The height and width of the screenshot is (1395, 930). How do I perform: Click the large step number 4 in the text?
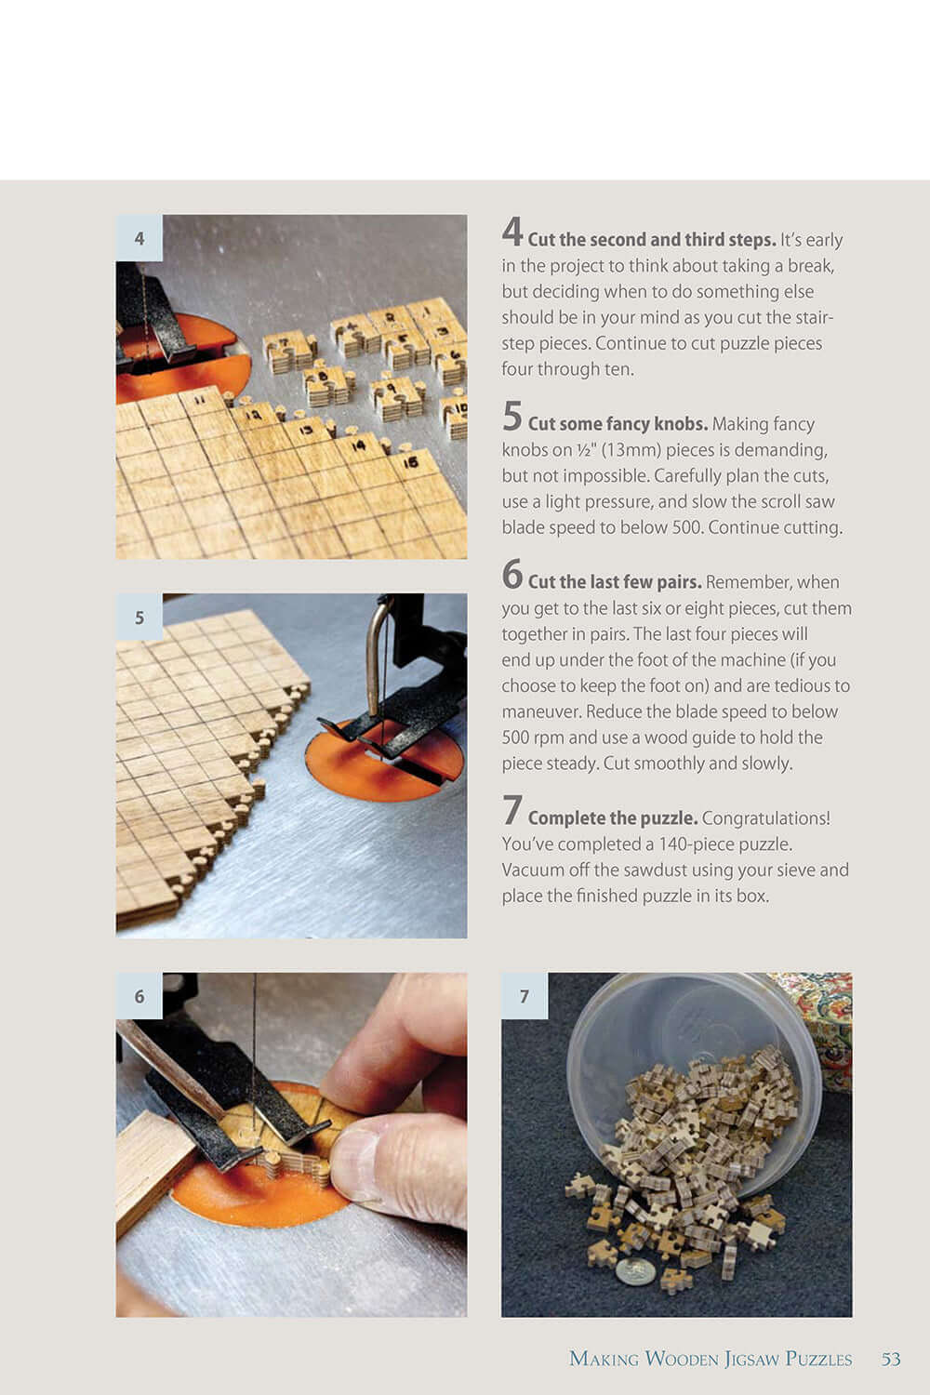point(512,232)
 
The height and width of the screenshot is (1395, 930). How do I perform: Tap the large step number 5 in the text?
point(512,417)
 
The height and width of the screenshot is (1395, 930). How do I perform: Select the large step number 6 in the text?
point(512,575)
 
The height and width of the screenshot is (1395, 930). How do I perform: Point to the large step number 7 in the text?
point(512,811)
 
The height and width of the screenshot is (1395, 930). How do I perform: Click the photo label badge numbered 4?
point(139,238)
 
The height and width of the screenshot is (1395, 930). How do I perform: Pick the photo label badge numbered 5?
point(139,618)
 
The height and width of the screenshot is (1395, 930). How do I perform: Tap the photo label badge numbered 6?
point(139,996)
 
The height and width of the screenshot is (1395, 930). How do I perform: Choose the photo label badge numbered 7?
point(525,996)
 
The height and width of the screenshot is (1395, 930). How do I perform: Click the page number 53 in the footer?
point(891,1359)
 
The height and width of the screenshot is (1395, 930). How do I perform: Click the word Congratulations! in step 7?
point(765,818)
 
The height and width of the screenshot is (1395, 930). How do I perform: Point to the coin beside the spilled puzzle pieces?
point(635,1271)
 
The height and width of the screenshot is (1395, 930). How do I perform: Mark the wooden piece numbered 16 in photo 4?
point(410,462)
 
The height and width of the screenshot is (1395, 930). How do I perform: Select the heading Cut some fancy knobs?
point(618,424)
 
